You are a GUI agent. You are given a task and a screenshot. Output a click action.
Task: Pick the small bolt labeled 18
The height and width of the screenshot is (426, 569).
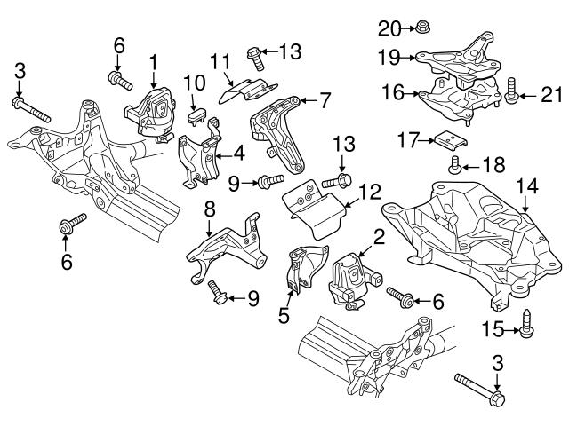454,164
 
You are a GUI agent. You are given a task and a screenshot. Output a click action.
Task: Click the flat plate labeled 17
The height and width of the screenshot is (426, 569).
444,139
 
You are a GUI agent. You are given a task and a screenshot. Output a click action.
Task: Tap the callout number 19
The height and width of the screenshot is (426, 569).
387,59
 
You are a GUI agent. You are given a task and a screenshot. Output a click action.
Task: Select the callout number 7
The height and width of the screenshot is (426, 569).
325,100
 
